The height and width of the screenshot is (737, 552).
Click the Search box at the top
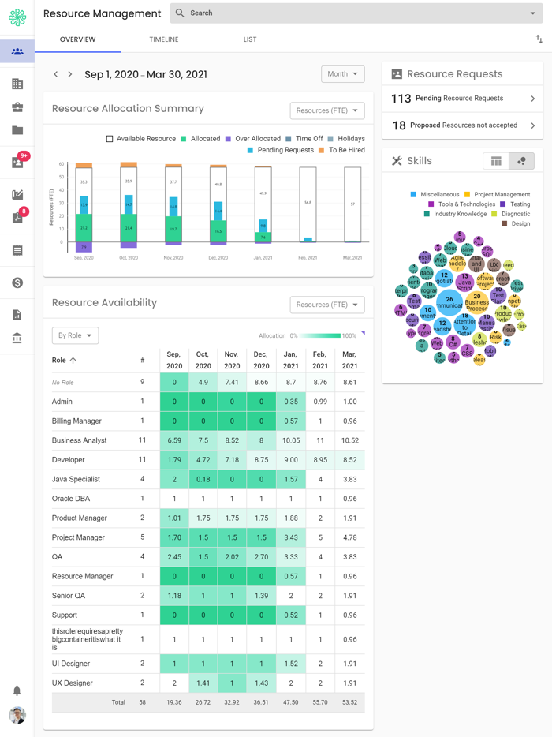[355, 13]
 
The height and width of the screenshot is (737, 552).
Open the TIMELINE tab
[164, 39]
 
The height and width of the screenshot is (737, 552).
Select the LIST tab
[250, 39]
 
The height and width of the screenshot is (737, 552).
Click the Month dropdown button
[342, 74]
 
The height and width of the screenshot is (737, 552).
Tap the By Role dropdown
[75, 335]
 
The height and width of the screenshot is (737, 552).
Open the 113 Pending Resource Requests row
[462, 99]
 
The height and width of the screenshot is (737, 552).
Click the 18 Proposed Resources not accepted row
[462, 125]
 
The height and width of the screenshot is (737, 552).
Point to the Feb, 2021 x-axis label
[308, 258]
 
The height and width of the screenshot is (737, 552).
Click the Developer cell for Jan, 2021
[291, 460]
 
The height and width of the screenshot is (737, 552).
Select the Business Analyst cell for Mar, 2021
[349, 440]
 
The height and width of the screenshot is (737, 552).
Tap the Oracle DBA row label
[71, 499]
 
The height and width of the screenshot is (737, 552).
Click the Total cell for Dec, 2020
[261, 702]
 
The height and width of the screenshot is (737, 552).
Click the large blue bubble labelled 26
[449, 301]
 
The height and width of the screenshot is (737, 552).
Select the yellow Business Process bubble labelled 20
[476, 302]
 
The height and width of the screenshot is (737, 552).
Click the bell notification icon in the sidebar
[17, 690]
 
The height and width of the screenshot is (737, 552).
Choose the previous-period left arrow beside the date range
[56, 74]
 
